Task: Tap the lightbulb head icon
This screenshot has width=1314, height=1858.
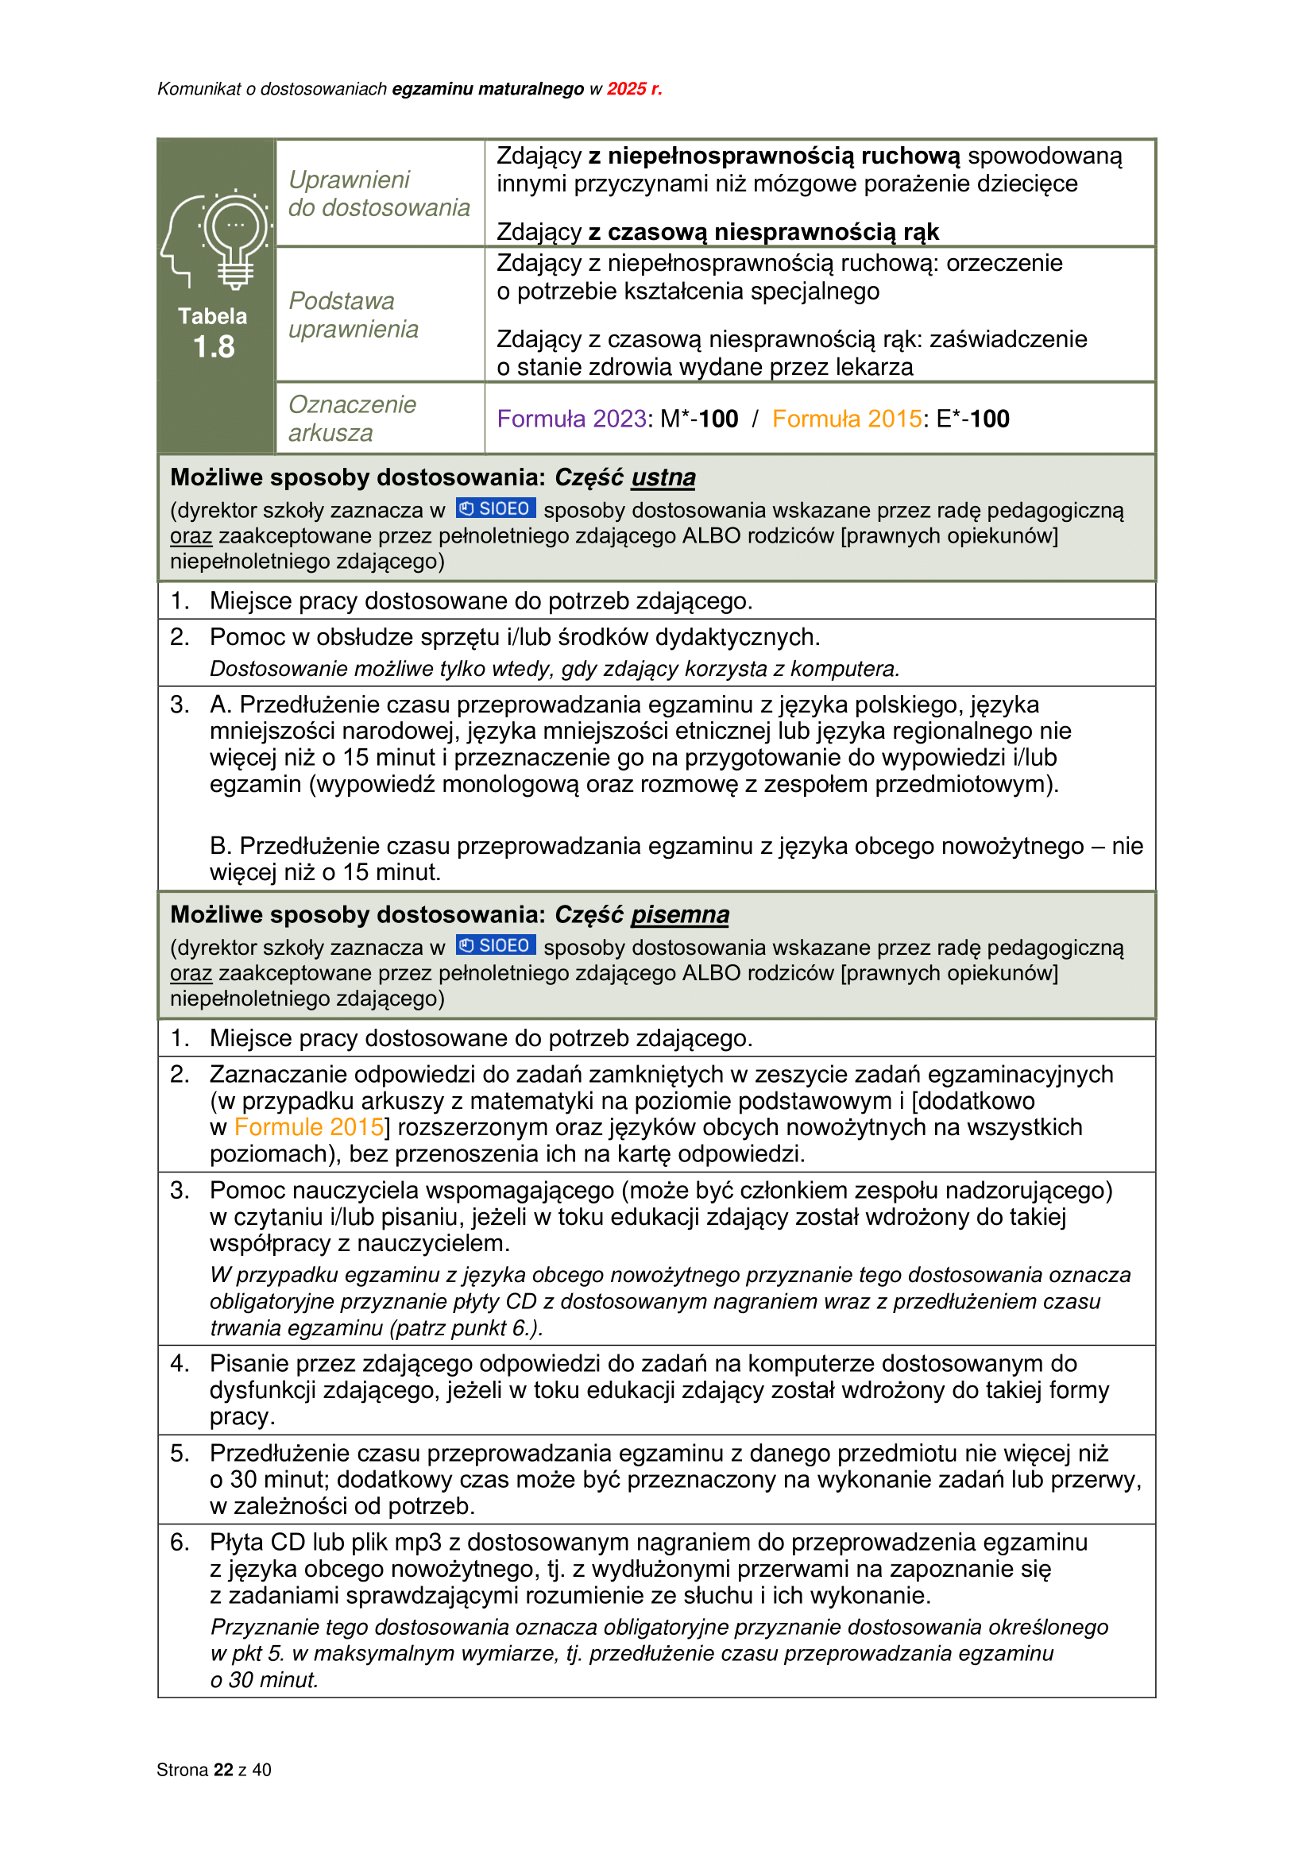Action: (216, 240)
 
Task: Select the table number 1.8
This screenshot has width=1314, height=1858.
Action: (214, 346)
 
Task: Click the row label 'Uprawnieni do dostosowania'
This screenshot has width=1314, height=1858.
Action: (378, 193)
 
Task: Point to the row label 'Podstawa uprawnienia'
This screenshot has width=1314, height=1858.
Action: (353, 315)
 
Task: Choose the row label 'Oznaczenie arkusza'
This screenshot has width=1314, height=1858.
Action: (352, 419)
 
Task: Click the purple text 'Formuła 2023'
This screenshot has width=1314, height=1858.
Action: (571, 419)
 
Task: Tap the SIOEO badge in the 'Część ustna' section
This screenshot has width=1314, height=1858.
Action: (495, 508)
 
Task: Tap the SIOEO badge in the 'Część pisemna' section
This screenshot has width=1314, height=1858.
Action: (495, 945)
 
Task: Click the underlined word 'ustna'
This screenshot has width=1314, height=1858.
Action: (663, 477)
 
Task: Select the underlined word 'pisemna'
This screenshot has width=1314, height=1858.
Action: (680, 914)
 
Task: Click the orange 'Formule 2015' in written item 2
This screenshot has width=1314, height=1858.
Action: (308, 1126)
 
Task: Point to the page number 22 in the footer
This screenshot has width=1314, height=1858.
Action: (223, 1770)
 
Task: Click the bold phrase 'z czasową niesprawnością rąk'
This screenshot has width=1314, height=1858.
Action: (763, 232)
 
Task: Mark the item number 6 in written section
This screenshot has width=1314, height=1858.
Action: (180, 1542)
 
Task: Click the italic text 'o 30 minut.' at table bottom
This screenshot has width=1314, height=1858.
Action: (264, 1680)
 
